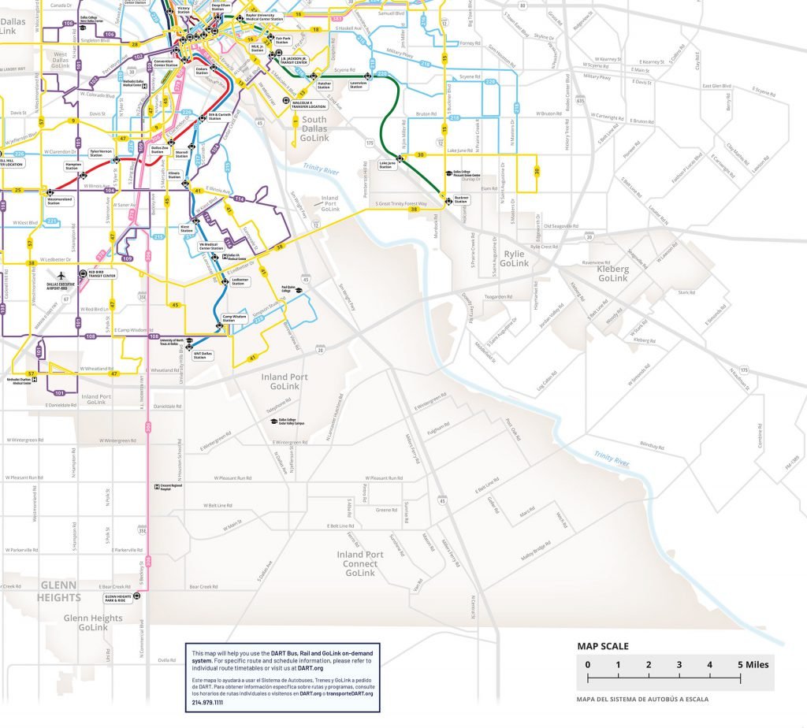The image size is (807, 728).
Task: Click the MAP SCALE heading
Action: (x=603, y=646)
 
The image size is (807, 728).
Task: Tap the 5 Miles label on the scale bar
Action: (x=753, y=664)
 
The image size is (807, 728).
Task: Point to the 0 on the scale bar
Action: (x=587, y=664)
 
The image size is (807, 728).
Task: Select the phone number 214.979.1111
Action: (x=208, y=702)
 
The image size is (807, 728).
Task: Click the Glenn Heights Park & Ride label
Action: (x=117, y=598)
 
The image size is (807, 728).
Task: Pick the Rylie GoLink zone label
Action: (x=514, y=259)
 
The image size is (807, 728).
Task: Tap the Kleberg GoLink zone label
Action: (x=613, y=273)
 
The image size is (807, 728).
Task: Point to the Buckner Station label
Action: (x=462, y=200)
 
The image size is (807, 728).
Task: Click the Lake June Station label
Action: (x=386, y=165)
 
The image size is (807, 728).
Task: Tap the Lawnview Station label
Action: (x=359, y=84)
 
